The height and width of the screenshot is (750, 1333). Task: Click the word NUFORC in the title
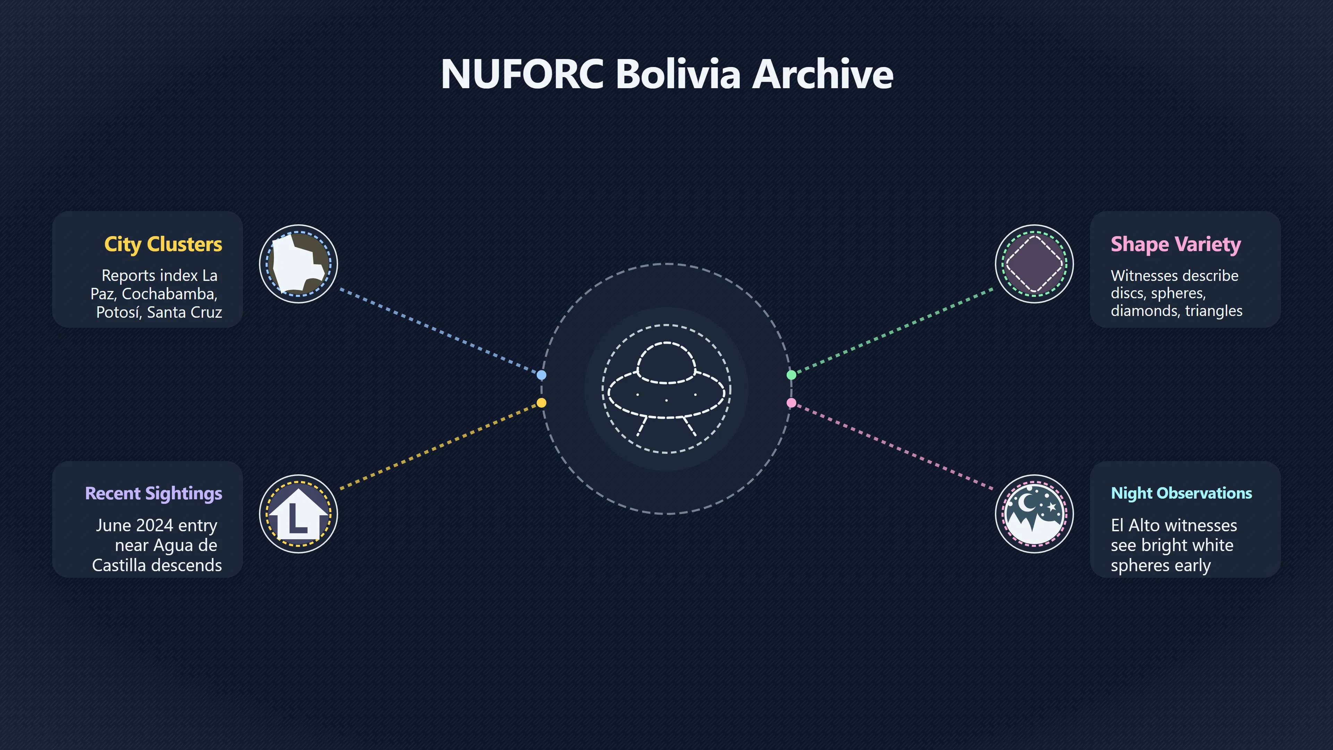pyautogui.click(x=522, y=74)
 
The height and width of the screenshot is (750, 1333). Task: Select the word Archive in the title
pyautogui.click(x=823, y=74)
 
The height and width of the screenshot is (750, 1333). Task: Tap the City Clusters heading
pyautogui.click(x=163, y=244)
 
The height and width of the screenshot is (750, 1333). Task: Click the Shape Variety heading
pyautogui.click(x=1176, y=244)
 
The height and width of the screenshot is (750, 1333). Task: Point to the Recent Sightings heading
pyautogui.click(x=154, y=494)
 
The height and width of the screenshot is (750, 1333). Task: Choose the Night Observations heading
pyautogui.click(x=1181, y=493)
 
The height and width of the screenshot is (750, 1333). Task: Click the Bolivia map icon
pyautogui.click(x=299, y=264)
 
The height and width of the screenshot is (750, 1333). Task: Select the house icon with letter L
pyautogui.click(x=299, y=514)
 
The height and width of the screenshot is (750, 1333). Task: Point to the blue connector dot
pyautogui.click(x=541, y=375)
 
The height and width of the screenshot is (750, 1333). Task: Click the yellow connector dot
pyautogui.click(x=541, y=403)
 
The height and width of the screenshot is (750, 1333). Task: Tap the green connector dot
pyautogui.click(x=791, y=375)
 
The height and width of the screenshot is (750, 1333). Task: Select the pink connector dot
pyautogui.click(x=791, y=403)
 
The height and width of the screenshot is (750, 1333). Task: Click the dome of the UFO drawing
pyautogui.click(x=666, y=361)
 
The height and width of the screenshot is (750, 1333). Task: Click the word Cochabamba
pyautogui.click(x=169, y=294)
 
